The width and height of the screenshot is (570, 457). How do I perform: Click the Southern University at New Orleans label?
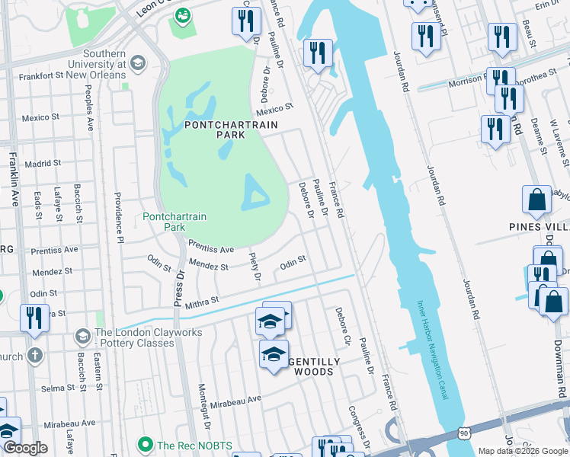coord(94,64)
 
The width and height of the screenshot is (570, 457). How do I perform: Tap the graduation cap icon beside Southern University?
coord(138,62)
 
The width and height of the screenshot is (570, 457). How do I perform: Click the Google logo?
coord(24,448)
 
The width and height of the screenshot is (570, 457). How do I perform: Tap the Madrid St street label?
coord(42,164)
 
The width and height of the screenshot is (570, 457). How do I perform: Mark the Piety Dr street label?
coord(257,267)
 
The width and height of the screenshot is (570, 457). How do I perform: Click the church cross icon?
coord(35,355)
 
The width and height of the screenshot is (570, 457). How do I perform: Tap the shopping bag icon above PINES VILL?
coord(536,200)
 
